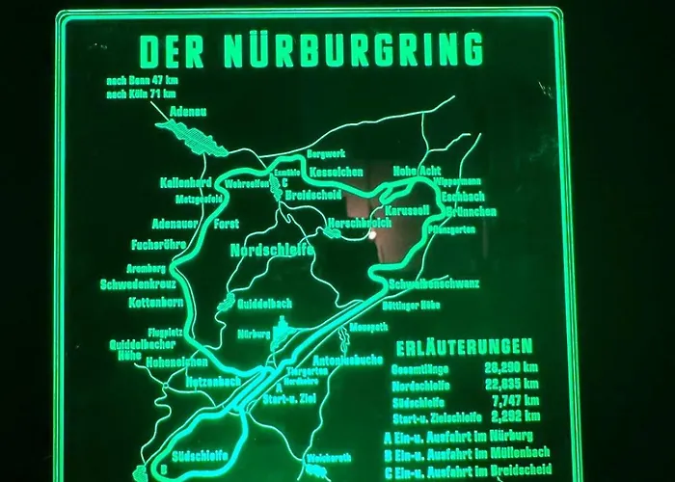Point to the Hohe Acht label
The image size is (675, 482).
[x=417, y=172]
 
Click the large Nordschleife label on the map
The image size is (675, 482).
[x=271, y=250]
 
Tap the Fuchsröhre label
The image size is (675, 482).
[x=158, y=244]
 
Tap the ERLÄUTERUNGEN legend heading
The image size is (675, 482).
[x=465, y=346]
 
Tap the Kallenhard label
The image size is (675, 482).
[x=186, y=181]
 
